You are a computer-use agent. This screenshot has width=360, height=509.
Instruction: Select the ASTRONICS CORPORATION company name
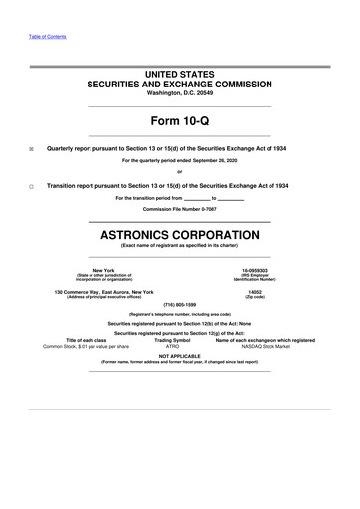pyautogui.click(x=180, y=235)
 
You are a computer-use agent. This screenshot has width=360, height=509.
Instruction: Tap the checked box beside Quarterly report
pyautogui.click(x=31, y=147)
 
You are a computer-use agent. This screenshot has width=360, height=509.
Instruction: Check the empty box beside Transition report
pyautogui.click(x=31, y=187)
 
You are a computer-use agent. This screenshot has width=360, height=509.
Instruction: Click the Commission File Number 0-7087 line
pyautogui.click(x=180, y=210)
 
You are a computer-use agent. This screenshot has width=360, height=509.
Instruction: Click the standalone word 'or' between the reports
pyautogui.click(x=180, y=174)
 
